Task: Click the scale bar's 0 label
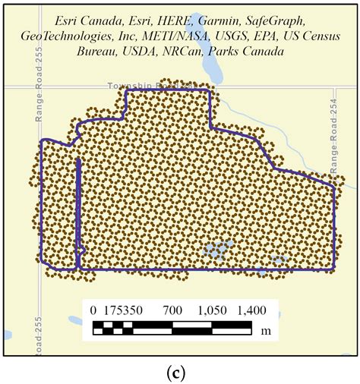[x=93, y=310]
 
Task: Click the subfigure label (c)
[x=180, y=373]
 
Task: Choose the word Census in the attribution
[x=319, y=37]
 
